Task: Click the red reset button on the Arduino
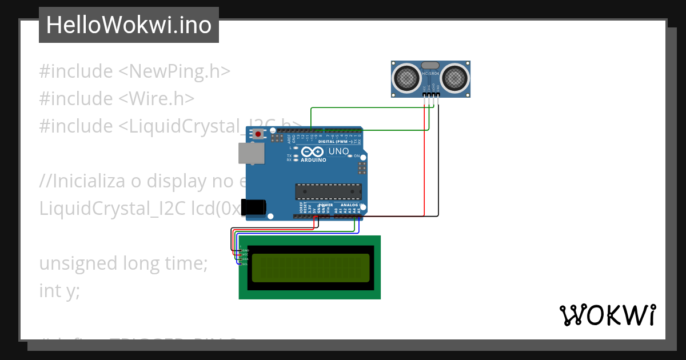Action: [x=258, y=135]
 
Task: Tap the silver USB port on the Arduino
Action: [x=252, y=153]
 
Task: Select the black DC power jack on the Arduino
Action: [x=253, y=207]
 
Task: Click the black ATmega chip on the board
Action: [x=328, y=193]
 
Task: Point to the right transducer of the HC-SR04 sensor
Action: [x=454, y=77]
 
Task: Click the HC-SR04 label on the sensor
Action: [x=430, y=74]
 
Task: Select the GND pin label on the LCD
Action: [x=245, y=250]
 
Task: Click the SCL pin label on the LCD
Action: [x=245, y=264]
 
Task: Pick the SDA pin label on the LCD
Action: [x=245, y=259]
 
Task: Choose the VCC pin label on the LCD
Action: [x=245, y=255]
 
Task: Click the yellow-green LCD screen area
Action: [x=310, y=267]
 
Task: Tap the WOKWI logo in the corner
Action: [x=607, y=315]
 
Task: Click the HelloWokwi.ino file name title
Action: [x=129, y=25]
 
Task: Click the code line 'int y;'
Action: [x=59, y=291]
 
